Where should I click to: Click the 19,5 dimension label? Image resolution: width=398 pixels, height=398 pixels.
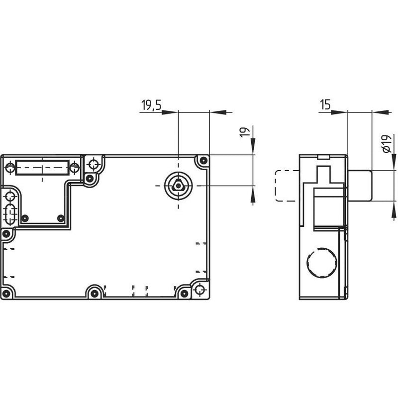pos(152,105)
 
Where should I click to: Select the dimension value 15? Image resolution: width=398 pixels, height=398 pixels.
pos(325,104)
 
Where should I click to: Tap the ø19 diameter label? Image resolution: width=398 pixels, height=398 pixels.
pos(387,144)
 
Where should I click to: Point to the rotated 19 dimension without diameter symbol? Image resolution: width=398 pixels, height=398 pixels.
pos(245,132)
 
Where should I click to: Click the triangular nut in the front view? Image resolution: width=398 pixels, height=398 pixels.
pos(178,186)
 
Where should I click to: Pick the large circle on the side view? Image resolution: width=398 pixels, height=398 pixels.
pos(322,262)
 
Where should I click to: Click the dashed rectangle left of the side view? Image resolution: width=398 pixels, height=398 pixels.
pos(288,186)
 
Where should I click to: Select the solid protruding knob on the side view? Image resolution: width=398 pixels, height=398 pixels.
pos(360,186)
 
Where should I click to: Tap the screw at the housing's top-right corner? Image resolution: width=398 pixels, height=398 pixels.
pos(203,160)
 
